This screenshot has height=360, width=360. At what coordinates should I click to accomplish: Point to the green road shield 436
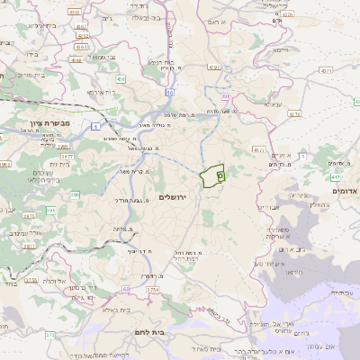120,79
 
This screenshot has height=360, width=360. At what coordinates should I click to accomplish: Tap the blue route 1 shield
95,127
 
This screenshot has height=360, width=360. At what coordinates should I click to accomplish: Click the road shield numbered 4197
213,67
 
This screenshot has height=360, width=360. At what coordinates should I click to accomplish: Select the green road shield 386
76,193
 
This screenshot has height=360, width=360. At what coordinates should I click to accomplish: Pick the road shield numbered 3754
153,290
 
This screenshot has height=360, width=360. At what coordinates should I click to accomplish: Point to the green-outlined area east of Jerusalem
212,176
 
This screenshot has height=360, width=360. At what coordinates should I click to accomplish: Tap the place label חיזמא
286,51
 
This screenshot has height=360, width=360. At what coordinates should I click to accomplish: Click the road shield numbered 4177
259,150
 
